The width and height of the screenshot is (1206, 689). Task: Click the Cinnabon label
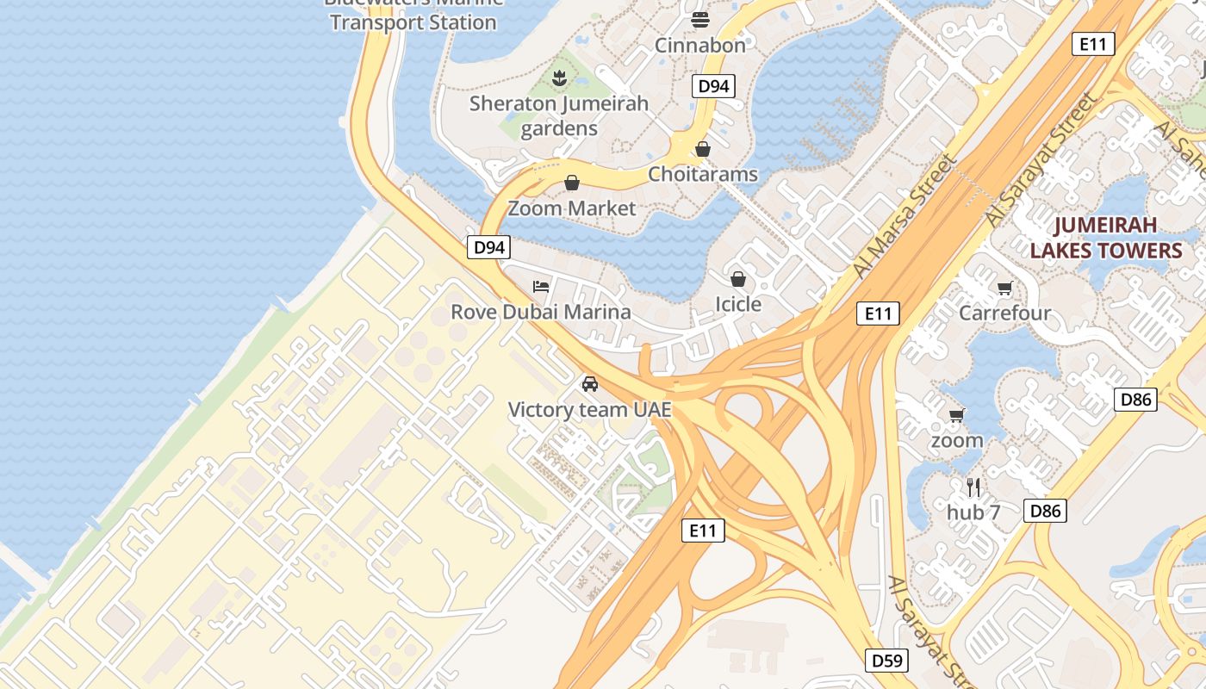point(699,45)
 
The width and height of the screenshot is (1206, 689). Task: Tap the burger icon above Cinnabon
point(699,19)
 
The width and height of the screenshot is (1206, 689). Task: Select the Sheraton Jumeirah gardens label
point(559,115)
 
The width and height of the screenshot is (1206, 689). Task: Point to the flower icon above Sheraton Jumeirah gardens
point(559,79)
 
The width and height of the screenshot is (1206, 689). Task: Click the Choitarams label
point(702,174)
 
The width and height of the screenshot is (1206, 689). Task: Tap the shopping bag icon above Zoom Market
point(571,183)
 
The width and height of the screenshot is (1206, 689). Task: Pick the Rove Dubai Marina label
point(541,312)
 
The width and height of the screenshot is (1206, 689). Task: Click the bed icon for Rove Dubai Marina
point(541,286)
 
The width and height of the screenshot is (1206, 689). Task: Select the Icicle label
point(738,304)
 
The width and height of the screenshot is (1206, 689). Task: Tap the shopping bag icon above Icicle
point(738,278)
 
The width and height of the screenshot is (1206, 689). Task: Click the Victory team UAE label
point(589,410)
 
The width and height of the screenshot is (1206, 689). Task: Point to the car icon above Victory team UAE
point(589,384)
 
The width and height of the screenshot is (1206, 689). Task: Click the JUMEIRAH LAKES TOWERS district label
point(1106,238)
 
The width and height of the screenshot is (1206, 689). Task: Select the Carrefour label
point(1004,313)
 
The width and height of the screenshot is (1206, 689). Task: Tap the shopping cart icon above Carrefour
point(1004,288)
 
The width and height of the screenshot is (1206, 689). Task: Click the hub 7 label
point(973,512)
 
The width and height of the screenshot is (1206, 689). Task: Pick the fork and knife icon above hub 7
point(973,487)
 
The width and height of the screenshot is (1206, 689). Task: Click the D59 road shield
point(886,661)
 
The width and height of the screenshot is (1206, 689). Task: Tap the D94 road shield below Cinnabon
point(713,85)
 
